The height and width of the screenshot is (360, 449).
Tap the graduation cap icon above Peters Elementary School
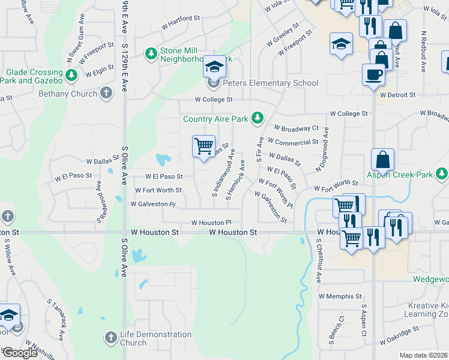point(214,66)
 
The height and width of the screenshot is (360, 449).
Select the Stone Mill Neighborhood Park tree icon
point(151,55)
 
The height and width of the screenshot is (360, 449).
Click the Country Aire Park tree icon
point(258,118)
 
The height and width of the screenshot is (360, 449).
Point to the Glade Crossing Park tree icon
point(71,76)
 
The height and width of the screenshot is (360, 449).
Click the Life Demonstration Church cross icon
point(110,338)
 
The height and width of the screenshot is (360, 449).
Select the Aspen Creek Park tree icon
point(442,175)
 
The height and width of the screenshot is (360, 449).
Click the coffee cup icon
point(375,74)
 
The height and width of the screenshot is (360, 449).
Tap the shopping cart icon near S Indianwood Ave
point(203,145)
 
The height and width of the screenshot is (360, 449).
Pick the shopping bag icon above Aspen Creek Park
point(382,160)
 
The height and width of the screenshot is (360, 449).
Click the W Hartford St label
point(180,19)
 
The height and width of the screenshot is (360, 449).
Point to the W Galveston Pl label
point(153,204)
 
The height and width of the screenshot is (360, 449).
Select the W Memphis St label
point(340,296)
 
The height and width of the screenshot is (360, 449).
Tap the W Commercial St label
point(293,142)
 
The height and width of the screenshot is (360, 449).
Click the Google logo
point(20,353)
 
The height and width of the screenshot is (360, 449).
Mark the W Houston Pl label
point(211,223)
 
